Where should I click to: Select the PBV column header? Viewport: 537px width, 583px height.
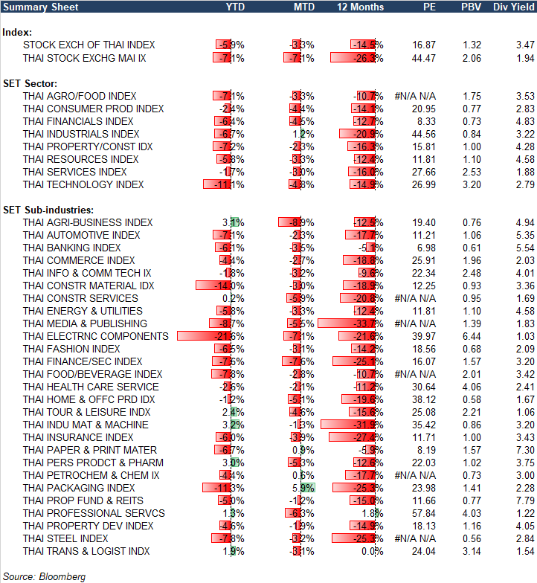coord(472,7)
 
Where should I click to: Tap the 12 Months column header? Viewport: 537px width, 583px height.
coord(361,7)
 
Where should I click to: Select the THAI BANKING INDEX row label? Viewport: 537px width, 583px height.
coord(71,248)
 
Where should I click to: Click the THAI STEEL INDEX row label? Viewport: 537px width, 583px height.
coord(65,538)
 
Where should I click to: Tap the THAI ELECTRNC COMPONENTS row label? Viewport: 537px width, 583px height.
coord(96,336)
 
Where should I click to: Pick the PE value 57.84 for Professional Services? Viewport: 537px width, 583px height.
coord(424,513)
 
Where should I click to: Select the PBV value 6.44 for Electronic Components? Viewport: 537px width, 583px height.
coord(472,336)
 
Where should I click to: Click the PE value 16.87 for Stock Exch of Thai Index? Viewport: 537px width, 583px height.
coord(424,45)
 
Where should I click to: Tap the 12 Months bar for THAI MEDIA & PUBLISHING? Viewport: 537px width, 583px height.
coord(350,323)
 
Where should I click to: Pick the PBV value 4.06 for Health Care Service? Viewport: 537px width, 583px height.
coord(472,387)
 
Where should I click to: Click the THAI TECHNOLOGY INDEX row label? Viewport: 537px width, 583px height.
coord(83,184)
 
